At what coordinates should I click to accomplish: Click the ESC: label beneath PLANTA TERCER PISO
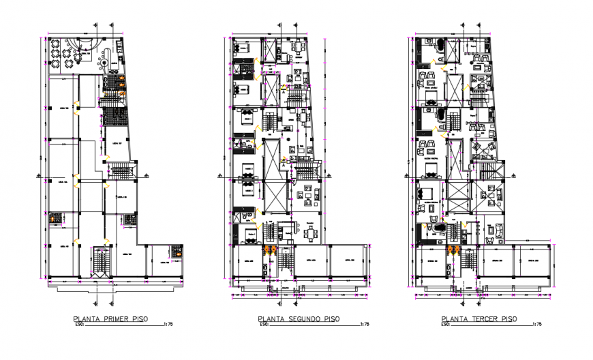[448, 325]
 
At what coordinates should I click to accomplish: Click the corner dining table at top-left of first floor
[55, 46]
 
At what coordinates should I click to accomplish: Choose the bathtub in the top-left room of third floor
[438, 47]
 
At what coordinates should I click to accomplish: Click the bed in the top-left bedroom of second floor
[243, 48]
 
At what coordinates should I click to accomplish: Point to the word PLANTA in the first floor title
[85, 318]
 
